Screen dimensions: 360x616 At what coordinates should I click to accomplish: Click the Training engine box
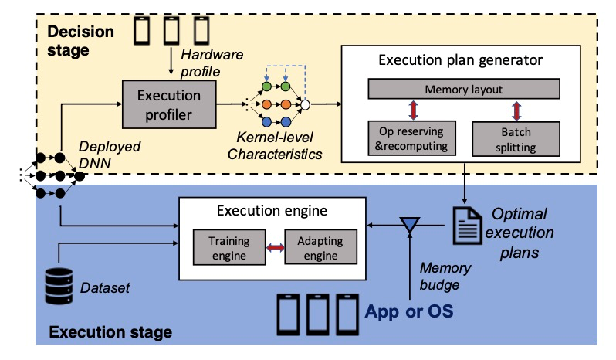point(229,246)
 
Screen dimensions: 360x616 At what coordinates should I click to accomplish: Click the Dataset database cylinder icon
point(57,287)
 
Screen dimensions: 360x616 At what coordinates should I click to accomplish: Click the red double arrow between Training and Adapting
point(275,247)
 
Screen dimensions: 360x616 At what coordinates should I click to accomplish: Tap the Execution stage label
point(110,333)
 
